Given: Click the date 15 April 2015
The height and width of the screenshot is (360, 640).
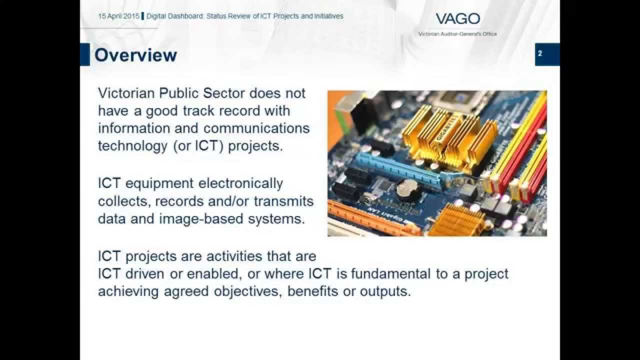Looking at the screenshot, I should coord(118,16).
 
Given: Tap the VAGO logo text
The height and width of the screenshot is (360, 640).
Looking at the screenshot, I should coord(457,19).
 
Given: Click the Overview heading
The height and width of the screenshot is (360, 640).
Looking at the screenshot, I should coord(135,55).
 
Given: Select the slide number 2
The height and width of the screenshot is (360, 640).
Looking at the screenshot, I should coord(540,53).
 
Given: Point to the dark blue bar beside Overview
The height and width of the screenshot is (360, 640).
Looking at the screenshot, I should coord(85,54).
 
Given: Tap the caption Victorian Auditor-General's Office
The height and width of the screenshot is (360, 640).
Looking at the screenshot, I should coord(457,34).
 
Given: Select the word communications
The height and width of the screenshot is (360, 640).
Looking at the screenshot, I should coord(256,128).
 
